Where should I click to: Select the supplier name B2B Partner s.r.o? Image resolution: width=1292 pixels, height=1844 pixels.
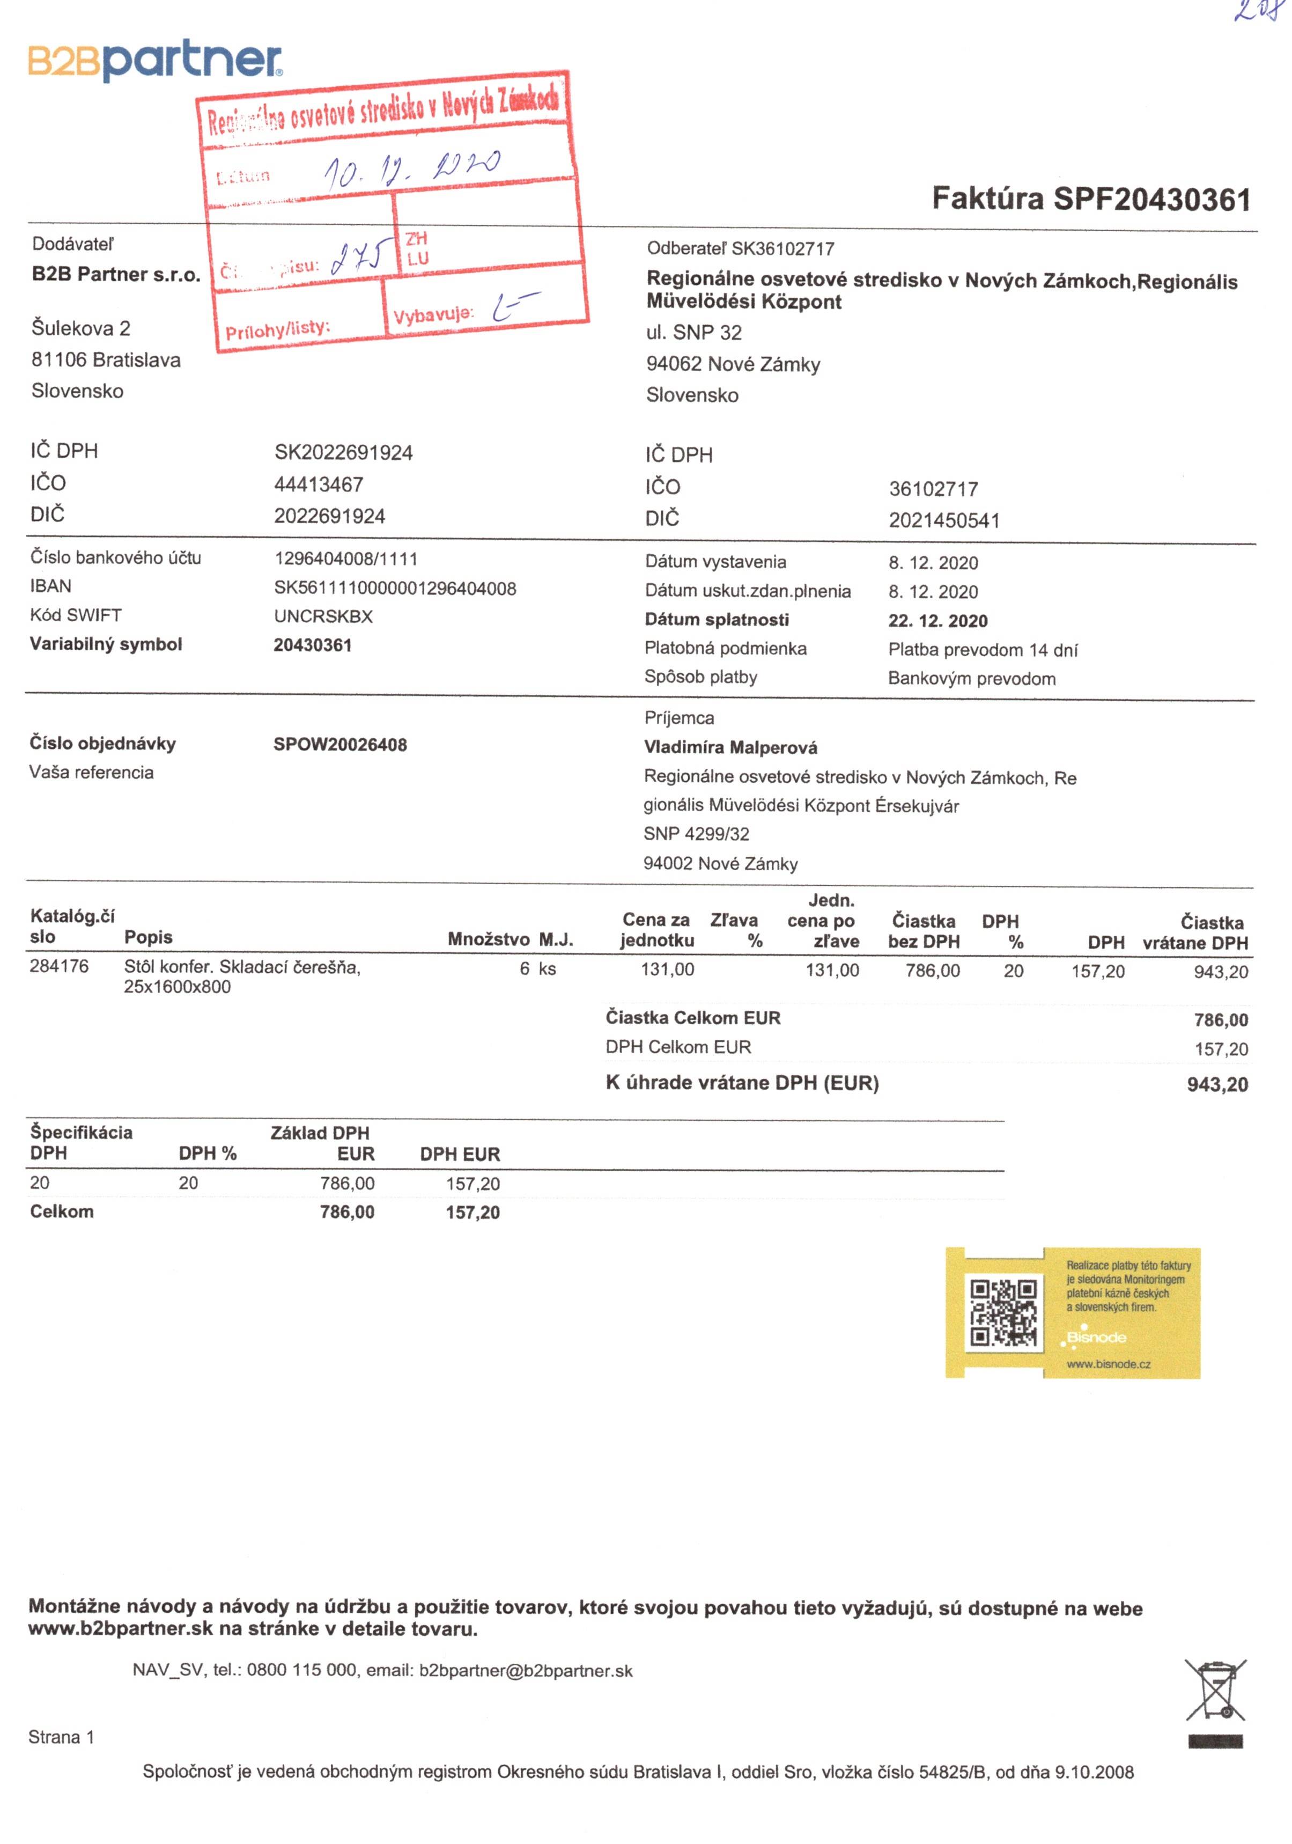click(116, 275)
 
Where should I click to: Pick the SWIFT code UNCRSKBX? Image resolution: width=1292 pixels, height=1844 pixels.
click(323, 617)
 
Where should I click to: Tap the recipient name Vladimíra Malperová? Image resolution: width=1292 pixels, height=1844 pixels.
click(730, 748)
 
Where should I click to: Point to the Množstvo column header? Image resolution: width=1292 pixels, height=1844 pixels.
click(488, 939)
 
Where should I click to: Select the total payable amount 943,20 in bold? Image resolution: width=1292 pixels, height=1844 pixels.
click(1216, 1085)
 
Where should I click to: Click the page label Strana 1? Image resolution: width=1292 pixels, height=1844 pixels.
click(61, 1737)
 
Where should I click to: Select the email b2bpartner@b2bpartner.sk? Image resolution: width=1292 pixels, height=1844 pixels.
click(525, 1671)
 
